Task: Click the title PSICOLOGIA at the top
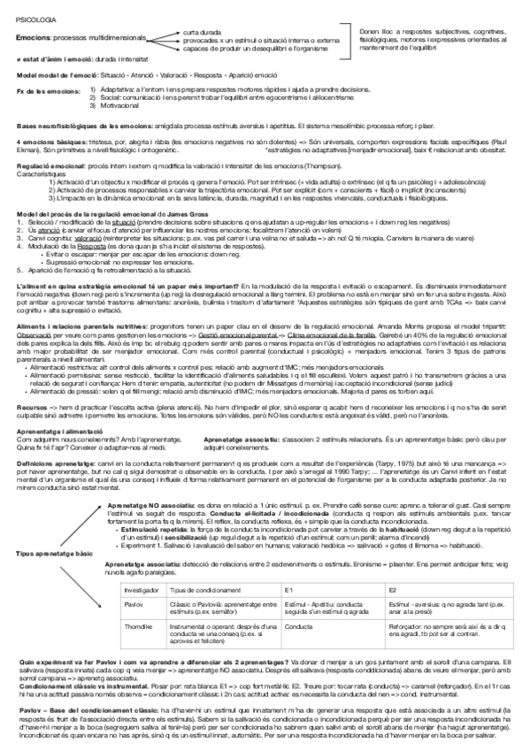click(x=34, y=18)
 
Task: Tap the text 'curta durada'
click(x=203, y=32)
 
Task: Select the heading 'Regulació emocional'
click(x=49, y=165)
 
